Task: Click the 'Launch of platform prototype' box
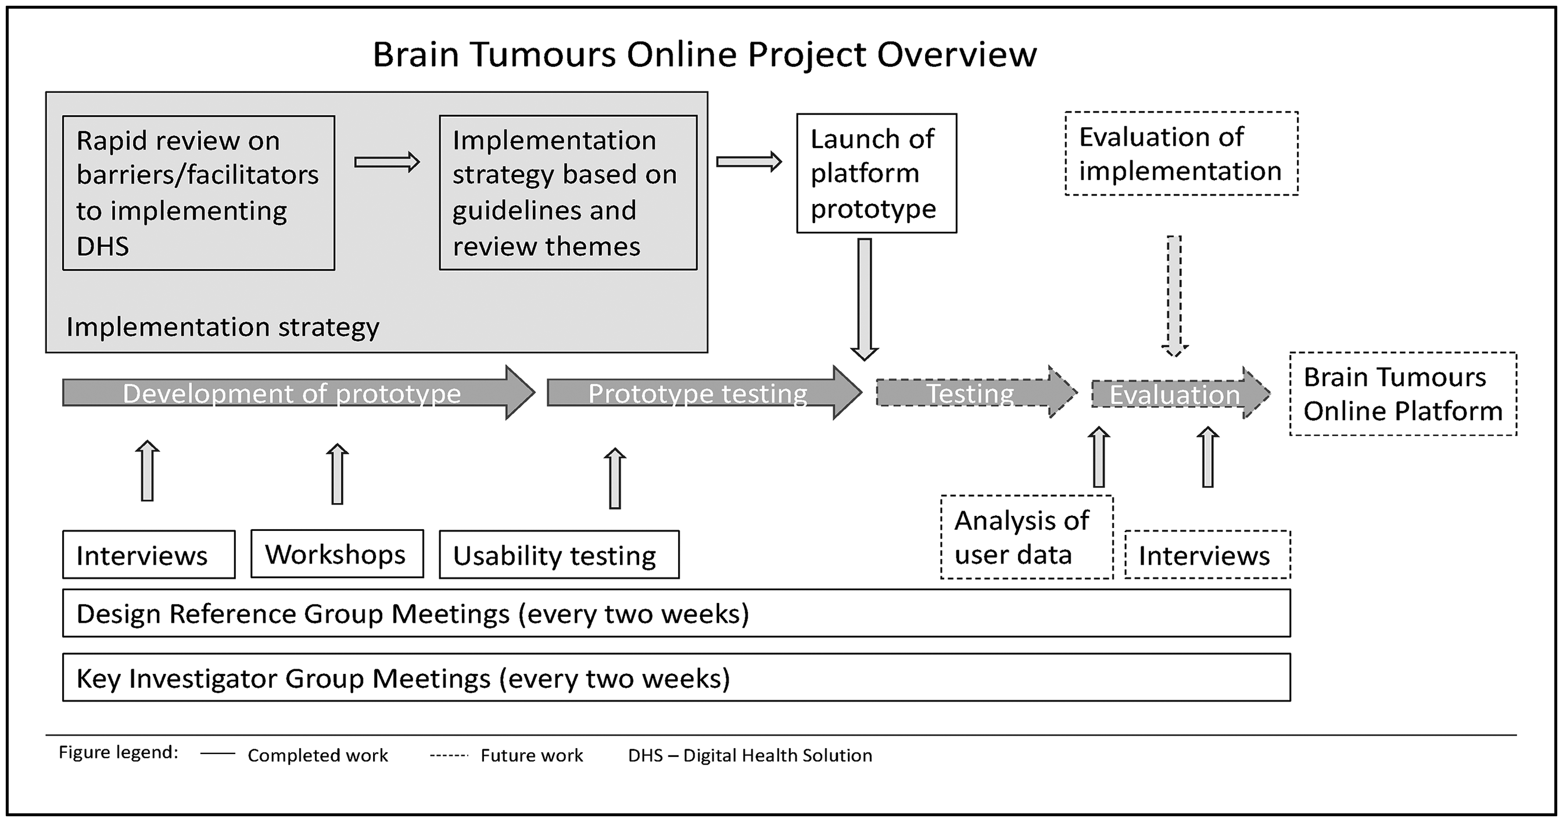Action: [877, 174]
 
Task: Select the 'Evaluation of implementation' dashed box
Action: [1181, 153]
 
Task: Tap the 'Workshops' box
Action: [338, 554]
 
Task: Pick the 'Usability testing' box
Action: [559, 554]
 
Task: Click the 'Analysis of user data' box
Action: [1027, 537]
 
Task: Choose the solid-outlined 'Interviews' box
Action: [149, 554]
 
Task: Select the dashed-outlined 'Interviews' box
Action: [1207, 554]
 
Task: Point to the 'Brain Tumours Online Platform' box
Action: [1403, 394]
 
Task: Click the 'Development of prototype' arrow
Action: [299, 393]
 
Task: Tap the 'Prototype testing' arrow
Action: [704, 393]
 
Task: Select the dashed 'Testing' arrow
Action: [976, 393]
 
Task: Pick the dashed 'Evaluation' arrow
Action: [1181, 394]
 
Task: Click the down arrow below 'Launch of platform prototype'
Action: [865, 299]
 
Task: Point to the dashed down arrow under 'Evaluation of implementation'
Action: [1175, 296]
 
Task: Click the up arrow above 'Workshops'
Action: [338, 474]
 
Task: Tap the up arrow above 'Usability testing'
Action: [615, 478]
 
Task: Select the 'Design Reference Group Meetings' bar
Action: [676, 613]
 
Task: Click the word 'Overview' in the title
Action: [957, 54]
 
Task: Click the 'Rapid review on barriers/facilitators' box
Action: [198, 193]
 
